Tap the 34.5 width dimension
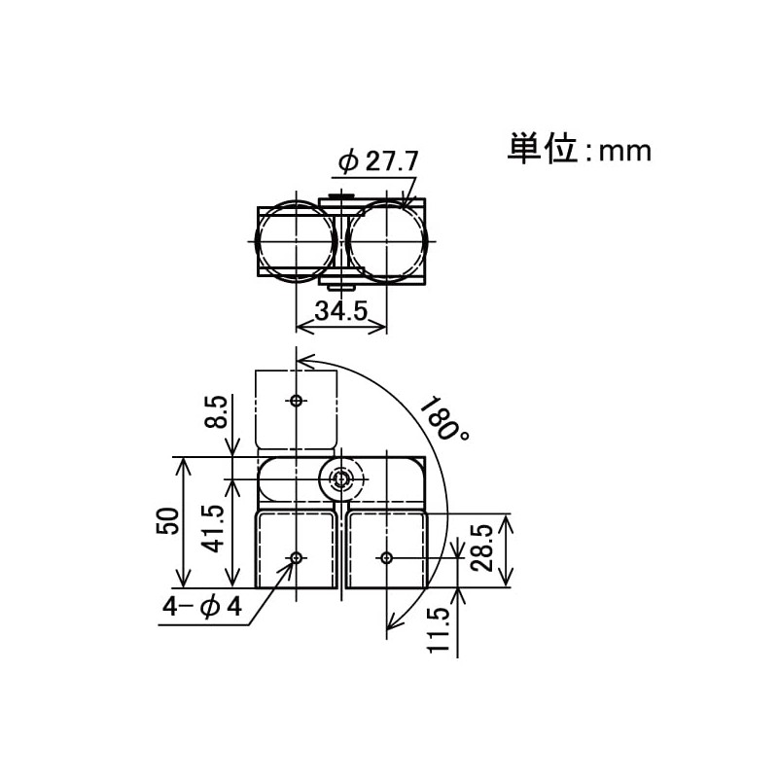[339, 311]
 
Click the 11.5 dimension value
[439, 629]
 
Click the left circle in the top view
[295, 240]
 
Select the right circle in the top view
[387, 240]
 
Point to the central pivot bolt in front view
[340, 478]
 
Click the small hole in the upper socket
[296, 401]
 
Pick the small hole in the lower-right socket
[386, 557]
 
